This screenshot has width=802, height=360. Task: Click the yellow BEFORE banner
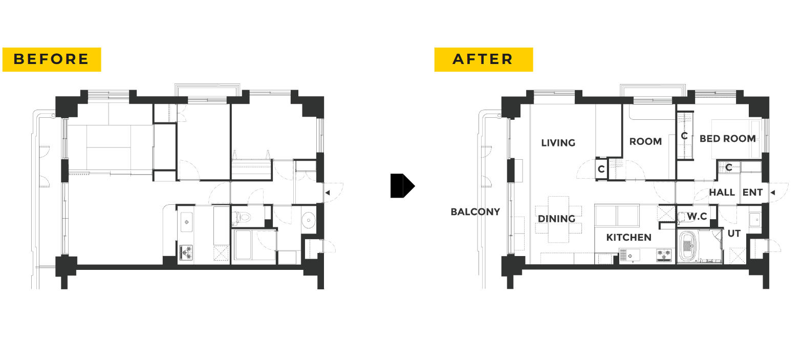[x=52, y=59]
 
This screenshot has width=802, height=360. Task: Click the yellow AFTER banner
[x=483, y=59]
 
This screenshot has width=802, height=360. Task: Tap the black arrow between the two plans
[x=402, y=185]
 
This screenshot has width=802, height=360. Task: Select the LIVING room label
[x=558, y=143]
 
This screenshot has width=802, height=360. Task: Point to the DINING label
[x=556, y=219]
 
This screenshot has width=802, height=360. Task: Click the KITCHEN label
[x=628, y=237]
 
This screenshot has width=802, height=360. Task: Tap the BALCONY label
[x=475, y=211]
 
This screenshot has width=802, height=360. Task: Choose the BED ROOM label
[x=727, y=139]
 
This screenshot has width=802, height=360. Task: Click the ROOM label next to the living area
[x=645, y=141]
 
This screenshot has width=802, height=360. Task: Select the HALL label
[x=722, y=193]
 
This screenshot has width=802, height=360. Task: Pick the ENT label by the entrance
[x=752, y=193]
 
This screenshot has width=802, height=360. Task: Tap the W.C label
[x=697, y=216]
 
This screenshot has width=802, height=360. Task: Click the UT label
[x=733, y=234]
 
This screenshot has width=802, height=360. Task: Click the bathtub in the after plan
[x=687, y=246]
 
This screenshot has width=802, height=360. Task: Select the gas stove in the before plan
[x=186, y=252]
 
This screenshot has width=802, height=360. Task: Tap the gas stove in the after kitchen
[x=663, y=255]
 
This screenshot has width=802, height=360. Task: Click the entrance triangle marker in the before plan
[x=327, y=193]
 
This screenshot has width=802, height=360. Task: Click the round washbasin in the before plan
[x=308, y=220]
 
